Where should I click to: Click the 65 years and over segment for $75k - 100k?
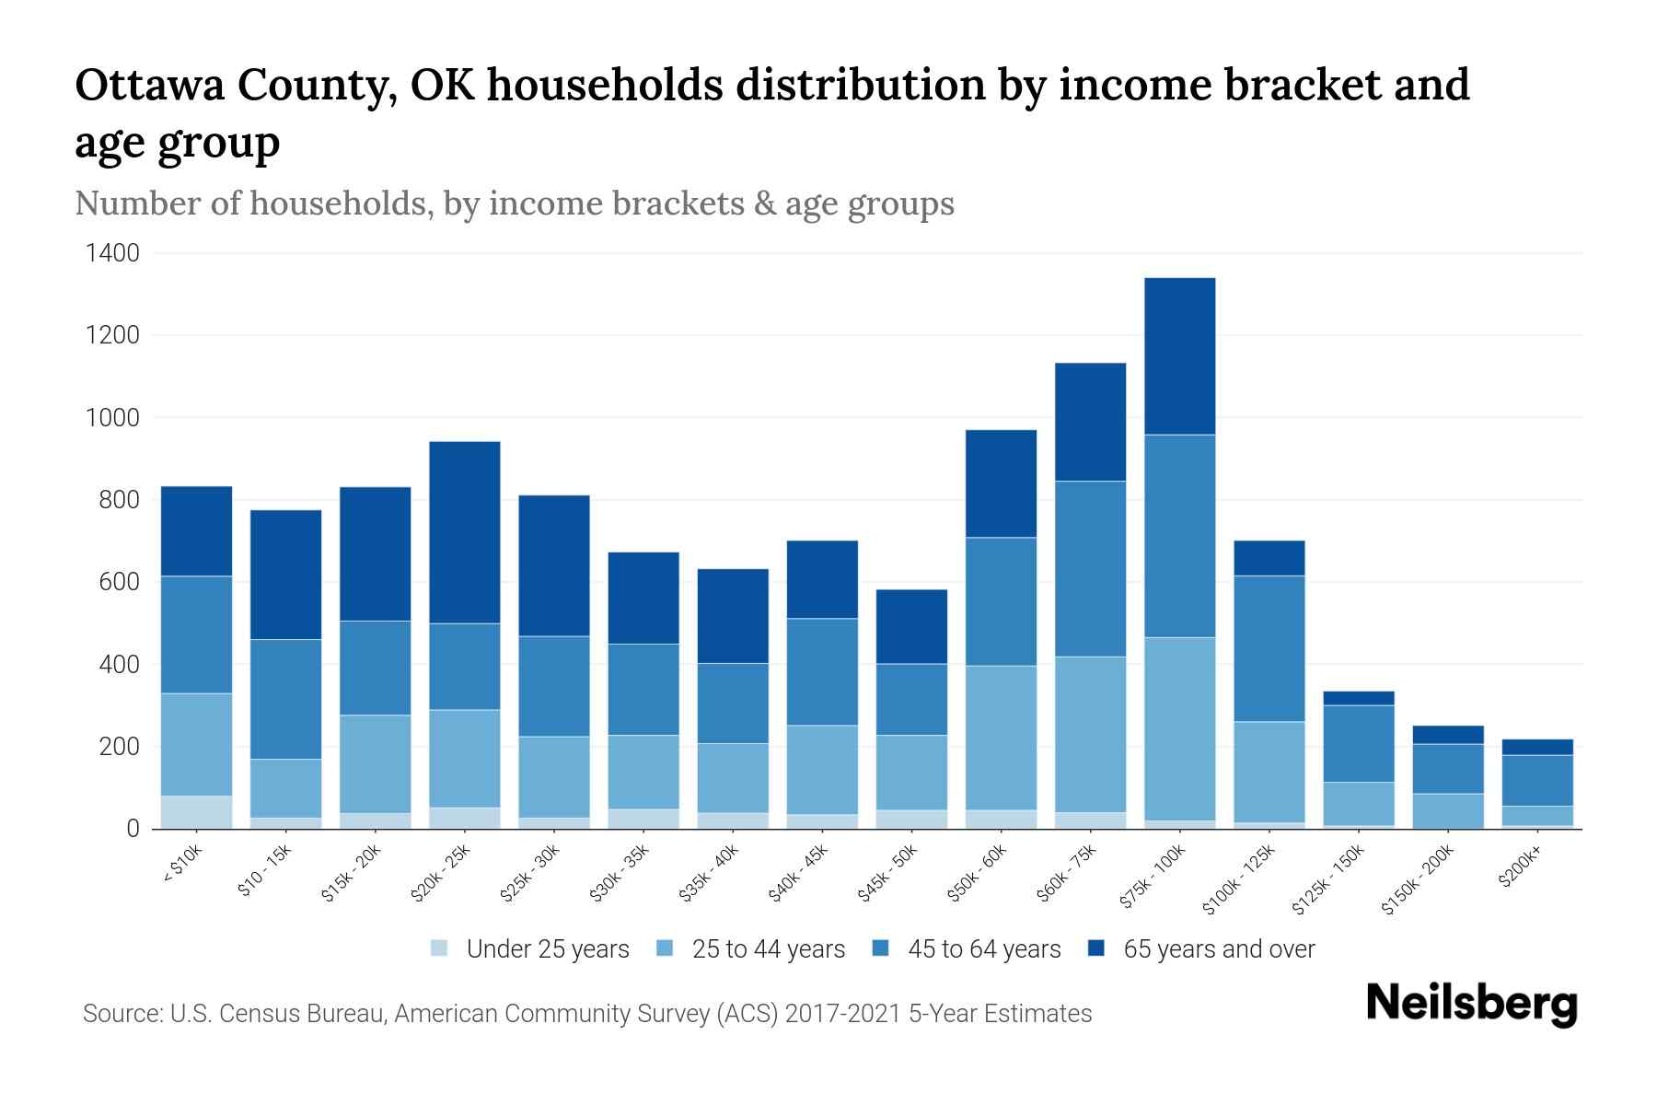pyautogui.click(x=1179, y=356)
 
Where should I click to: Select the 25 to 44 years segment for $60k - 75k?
pyautogui.click(x=1090, y=734)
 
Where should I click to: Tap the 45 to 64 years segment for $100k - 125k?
pyautogui.click(x=1269, y=648)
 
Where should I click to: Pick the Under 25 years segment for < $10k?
pyautogui.click(x=196, y=811)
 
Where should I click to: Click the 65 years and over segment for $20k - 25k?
pyautogui.click(x=464, y=532)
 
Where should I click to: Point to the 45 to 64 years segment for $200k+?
pyautogui.click(x=1536, y=780)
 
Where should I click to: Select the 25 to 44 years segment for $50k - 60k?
pyautogui.click(x=1001, y=738)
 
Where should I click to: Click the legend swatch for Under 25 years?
pyautogui.click(x=439, y=948)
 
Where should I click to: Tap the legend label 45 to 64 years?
pyautogui.click(x=983, y=948)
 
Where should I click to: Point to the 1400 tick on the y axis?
pyautogui.click(x=112, y=253)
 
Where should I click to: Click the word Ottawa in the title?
pyautogui.click(x=150, y=86)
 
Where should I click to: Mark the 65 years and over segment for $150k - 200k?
pyautogui.click(x=1447, y=735)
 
